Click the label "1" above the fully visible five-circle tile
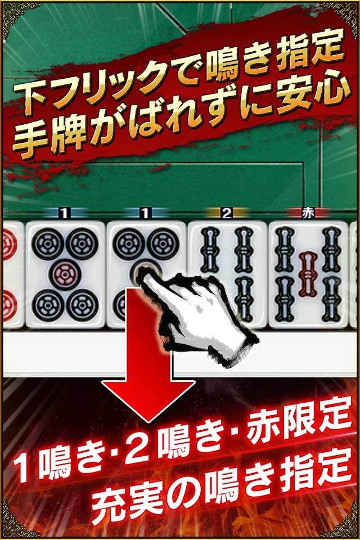(x=65, y=213)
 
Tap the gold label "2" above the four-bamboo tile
(x=227, y=213)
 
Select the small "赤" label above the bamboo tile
(x=308, y=213)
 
